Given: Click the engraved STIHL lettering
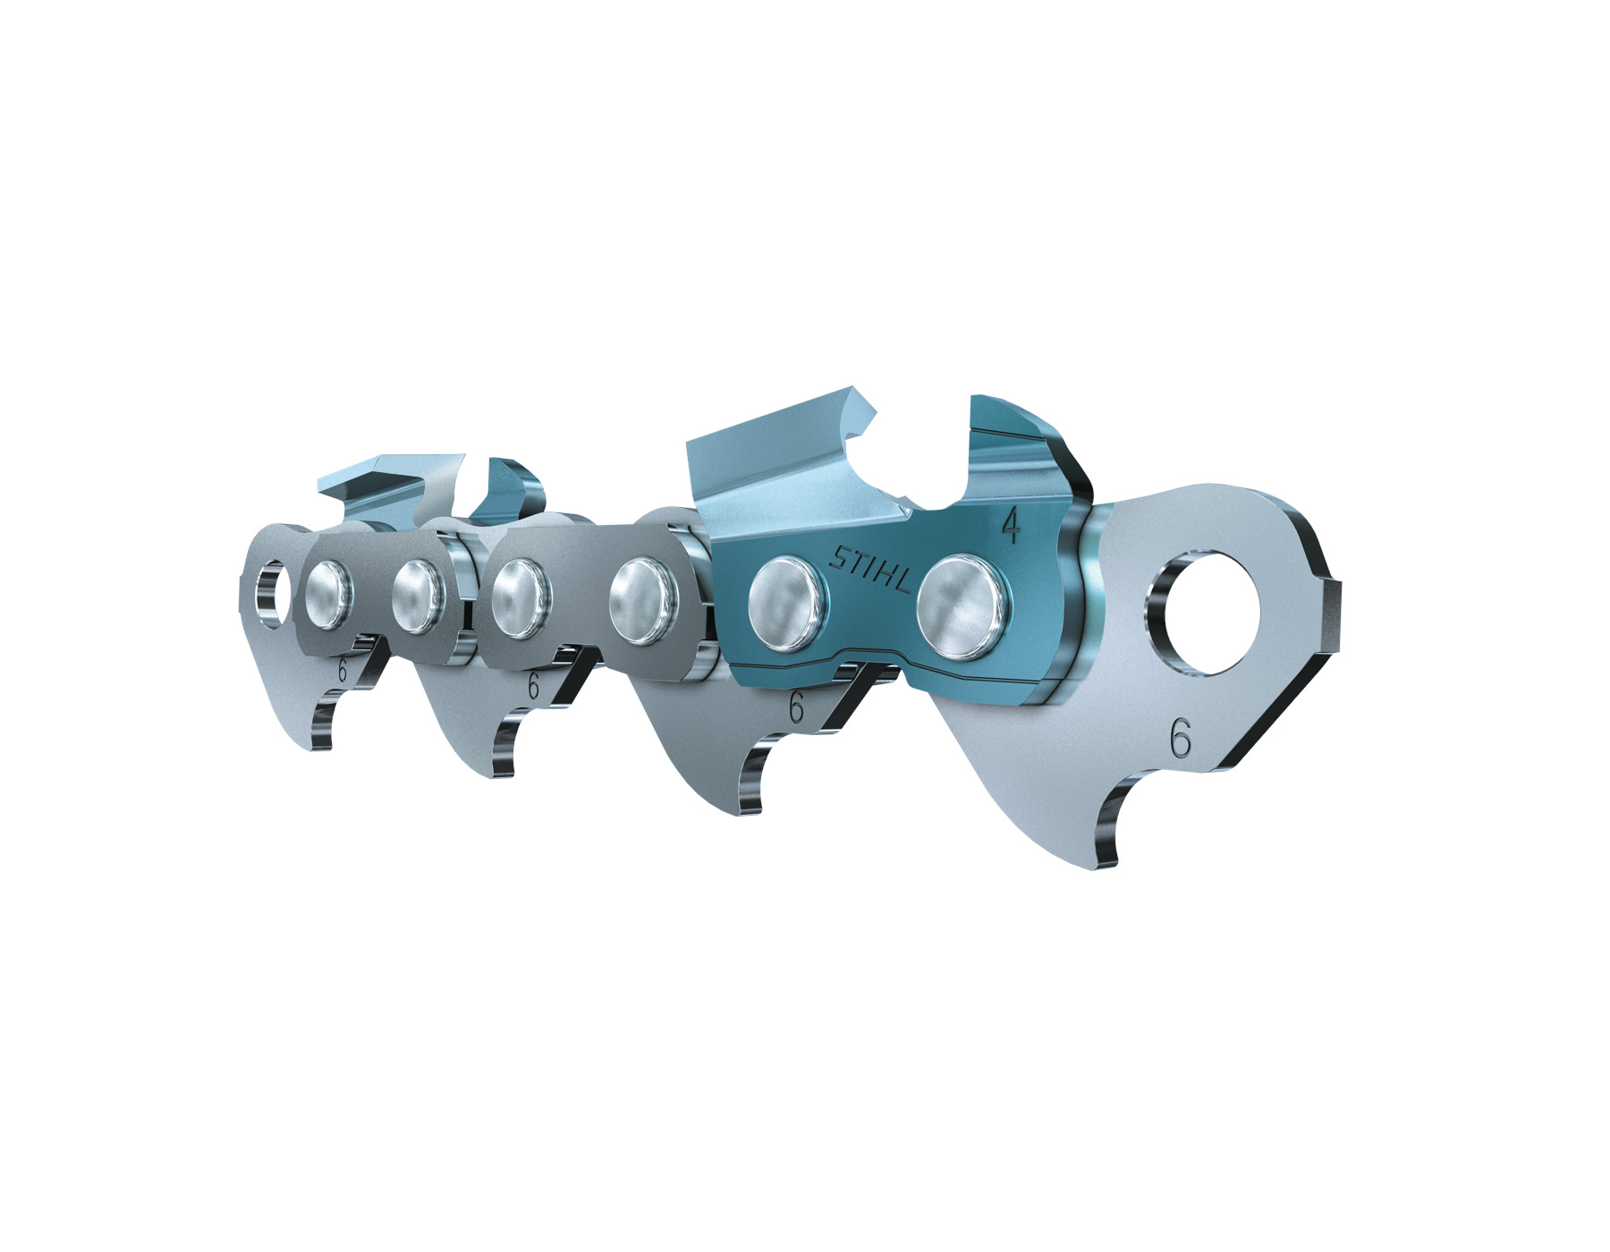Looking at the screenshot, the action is click(x=871, y=570).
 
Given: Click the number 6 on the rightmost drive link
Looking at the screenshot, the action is click(x=1181, y=740).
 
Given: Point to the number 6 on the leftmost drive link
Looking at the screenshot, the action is click(x=342, y=671).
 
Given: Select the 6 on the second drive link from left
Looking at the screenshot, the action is click(x=533, y=686).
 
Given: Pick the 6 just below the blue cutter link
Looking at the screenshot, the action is click(x=795, y=708).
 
